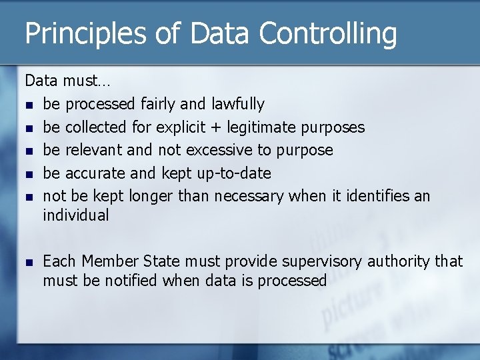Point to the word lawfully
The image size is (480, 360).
coord(237,104)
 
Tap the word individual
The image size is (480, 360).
coord(75,215)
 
